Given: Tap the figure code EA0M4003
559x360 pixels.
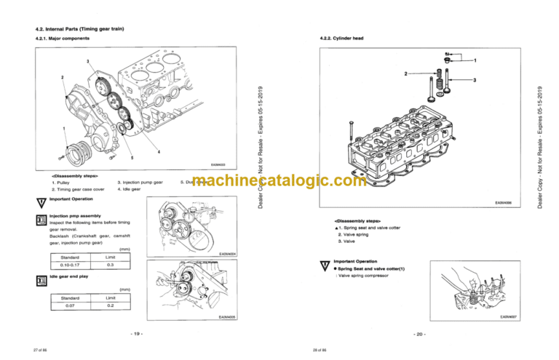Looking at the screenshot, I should click(x=218, y=165).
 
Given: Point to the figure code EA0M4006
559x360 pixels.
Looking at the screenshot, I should click(x=504, y=204).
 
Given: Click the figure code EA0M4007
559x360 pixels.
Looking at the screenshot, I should click(x=507, y=317).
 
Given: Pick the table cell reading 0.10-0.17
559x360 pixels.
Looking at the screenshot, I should click(x=71, y=265).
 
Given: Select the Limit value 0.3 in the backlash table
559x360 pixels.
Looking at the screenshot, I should click(x=111, y=265).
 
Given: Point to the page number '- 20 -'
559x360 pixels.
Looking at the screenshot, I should click(x=419, y=334).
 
